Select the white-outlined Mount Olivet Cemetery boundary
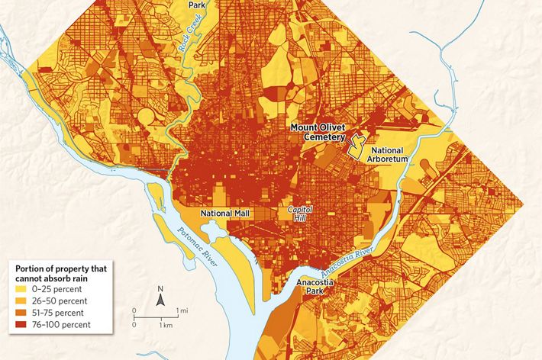[356, 145]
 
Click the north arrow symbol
[160, 301]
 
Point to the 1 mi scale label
[183, 311]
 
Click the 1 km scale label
[163, 326]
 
